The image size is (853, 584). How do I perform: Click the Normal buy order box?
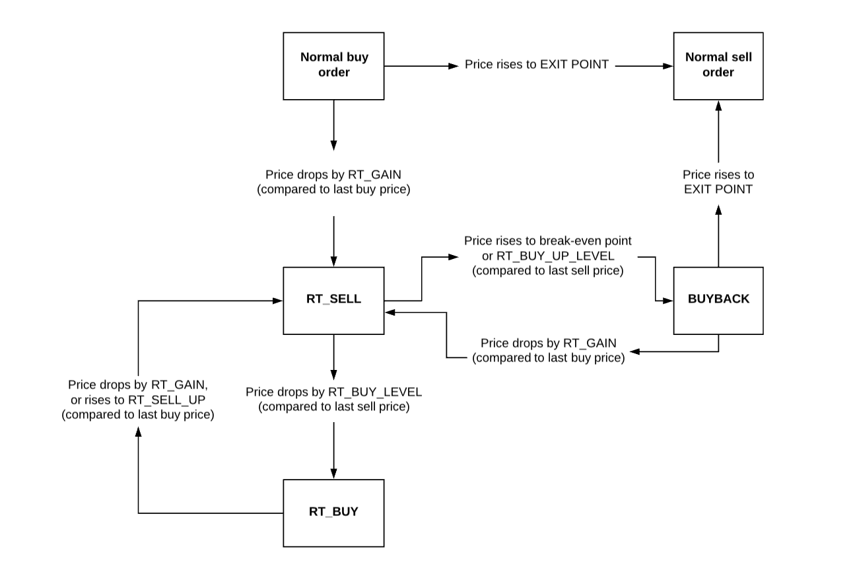[333, 66]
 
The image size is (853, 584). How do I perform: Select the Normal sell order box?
[718, 66]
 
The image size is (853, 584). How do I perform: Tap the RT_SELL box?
[333, 301]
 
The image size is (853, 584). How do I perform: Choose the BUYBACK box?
[718, 301]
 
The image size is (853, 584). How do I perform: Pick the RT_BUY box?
[333, 513]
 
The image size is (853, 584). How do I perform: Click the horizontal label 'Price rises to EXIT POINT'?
[537, 64]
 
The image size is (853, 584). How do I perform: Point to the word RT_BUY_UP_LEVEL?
[555, 256]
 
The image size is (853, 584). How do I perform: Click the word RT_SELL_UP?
[167, 400]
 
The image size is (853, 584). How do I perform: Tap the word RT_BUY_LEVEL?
[375, 392]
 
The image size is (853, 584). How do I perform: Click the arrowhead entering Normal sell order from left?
[668, 66]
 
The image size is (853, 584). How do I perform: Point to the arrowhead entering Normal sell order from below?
[718, 106]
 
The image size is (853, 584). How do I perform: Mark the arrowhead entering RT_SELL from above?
[334, 262]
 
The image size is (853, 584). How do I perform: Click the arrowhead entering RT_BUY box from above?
[334, 474]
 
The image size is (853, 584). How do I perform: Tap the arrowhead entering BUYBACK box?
[668, 301]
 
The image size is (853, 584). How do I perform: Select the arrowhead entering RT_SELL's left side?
[277, 301]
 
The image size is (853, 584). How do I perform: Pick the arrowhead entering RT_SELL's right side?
[390, 312]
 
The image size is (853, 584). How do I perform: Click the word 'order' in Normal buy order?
[333, 73]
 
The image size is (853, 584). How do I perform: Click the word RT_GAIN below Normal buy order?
[374, 174]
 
